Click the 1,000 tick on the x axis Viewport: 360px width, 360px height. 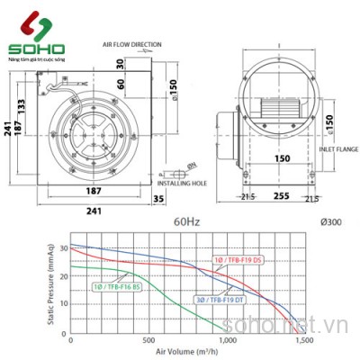tap(227, 340)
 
